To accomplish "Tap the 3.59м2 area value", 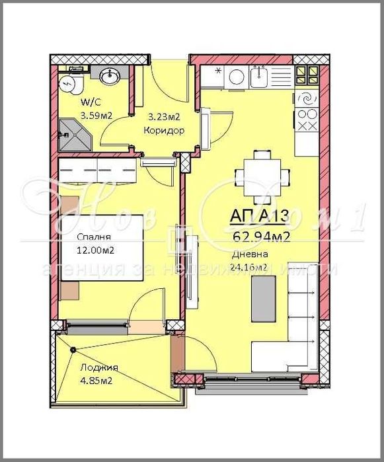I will point(96,115).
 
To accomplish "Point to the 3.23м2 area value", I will point(164,118).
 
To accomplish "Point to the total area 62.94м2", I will point(260,237).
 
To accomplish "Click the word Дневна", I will point(250,255).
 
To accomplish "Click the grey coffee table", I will point(264,299).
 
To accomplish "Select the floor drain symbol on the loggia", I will point(73,350).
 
